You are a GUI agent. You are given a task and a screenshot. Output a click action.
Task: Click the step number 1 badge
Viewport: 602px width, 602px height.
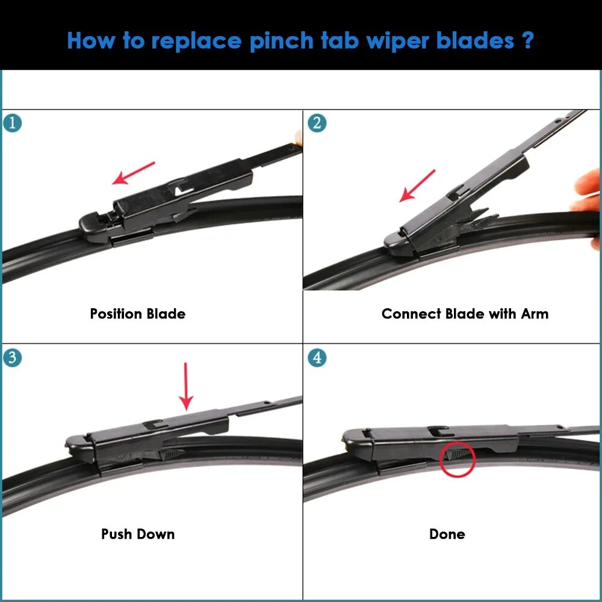pyautogui.click(x=12, y=123)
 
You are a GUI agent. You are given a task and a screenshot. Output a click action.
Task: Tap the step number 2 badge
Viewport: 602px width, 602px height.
pyautogui.click(x=317, y=123)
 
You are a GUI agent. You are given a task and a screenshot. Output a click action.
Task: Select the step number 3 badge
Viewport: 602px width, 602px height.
pyautogui.click(x=12, y=358)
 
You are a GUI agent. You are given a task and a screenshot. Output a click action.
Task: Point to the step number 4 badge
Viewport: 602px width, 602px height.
pyautogui.click(x=317, y=358)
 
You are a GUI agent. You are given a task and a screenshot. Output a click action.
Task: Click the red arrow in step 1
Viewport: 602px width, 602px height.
pyautogui.click(x=134, y=173)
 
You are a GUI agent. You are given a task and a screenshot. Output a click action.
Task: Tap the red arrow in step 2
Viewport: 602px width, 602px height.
pyautogui.click(x=417, y=185)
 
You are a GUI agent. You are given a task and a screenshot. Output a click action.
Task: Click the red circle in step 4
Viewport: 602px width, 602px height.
pyautogui.click(x=458, y=459)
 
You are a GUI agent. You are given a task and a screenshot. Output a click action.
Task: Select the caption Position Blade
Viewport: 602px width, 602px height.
pyautogui.click(x=138, y=314)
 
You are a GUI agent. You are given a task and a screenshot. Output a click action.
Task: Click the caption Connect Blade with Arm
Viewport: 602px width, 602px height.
pyautogui.click(x=465, y=314)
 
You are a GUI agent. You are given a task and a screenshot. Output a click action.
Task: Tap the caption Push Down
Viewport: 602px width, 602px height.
pyautogui.click(x=138, y=534)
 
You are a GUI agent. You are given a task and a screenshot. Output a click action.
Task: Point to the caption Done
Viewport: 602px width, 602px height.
pyautogui.click(x=447, y=534)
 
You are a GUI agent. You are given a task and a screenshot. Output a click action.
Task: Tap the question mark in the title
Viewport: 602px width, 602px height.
pyautogui.click(x=528, y=41)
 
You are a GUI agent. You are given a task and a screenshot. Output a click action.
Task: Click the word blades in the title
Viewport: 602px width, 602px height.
pyautogui.click(x=477, y=41)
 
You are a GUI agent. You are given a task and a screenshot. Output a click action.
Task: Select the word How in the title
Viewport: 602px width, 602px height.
pyautogui.click(x=90, y=41)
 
